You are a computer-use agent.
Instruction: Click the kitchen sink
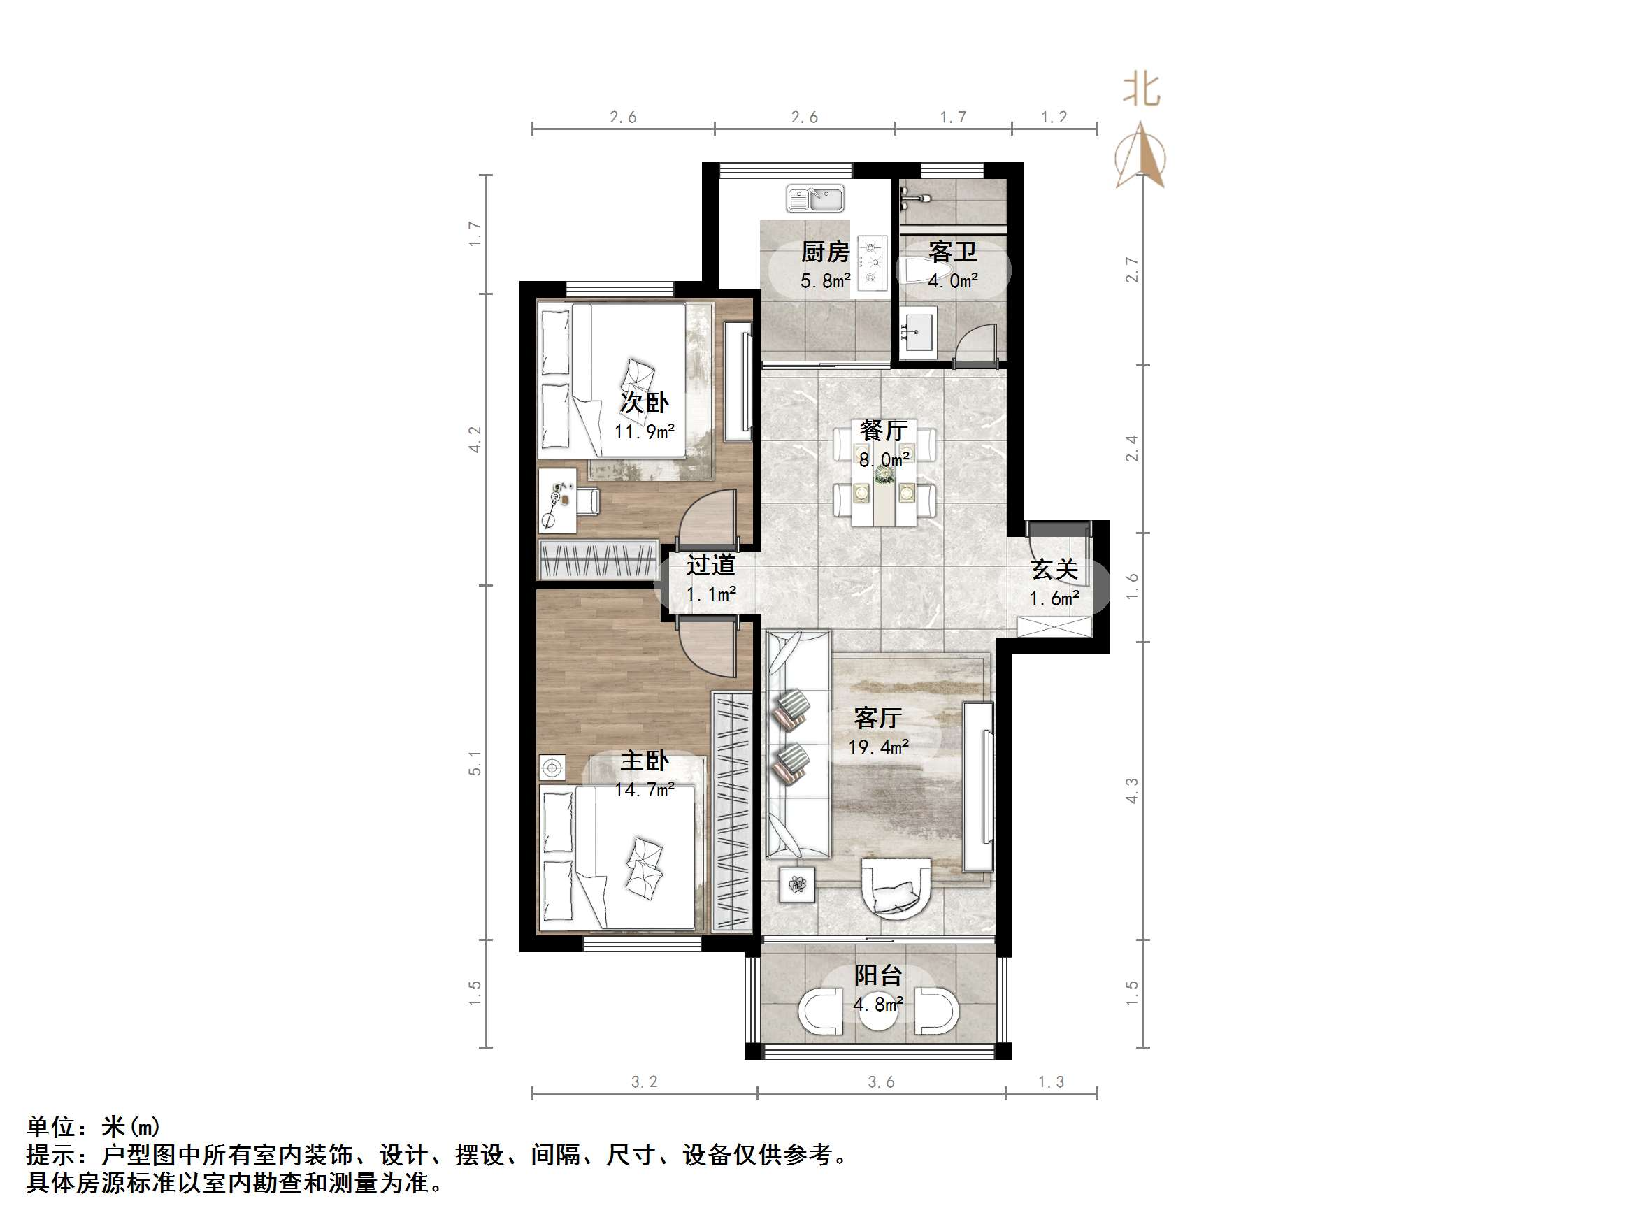(815, 198)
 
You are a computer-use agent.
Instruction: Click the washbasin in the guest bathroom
(916, 333)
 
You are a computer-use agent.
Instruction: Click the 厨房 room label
(825, 252)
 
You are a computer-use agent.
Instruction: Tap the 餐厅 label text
(884, 430)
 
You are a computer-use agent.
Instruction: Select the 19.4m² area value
(878, 747)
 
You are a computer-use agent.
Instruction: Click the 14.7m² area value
(645, 790)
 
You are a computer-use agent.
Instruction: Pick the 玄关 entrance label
(1054, 568)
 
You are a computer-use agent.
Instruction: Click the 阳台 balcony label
(878, 975)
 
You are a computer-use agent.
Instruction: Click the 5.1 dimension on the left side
(475, 763)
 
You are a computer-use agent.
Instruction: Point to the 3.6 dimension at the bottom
(881, 1082)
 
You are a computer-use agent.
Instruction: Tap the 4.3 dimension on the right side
(1132, 791)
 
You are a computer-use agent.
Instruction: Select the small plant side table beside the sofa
(797, 884)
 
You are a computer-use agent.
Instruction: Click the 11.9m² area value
(645, 431)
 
